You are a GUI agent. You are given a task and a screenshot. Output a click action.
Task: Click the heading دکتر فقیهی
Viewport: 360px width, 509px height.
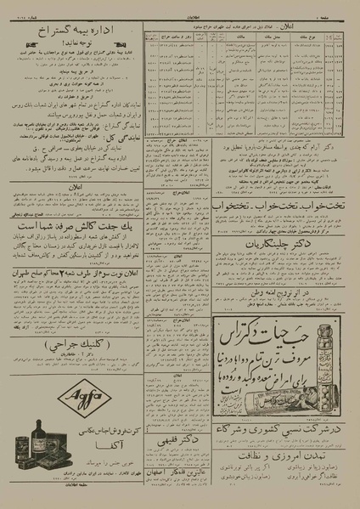click(179, 441)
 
